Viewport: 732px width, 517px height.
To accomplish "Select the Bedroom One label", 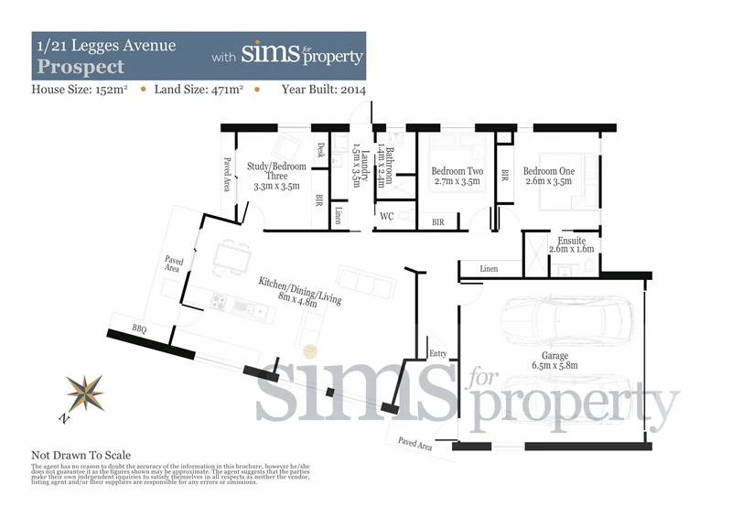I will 549,171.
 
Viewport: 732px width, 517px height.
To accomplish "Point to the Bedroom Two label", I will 456,171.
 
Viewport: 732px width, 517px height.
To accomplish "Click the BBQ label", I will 139,327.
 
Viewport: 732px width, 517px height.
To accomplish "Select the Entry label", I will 438,352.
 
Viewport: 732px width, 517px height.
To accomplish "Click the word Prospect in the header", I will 80,67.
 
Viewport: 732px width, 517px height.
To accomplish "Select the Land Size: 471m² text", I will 199,90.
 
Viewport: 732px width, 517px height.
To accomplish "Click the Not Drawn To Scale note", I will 81,455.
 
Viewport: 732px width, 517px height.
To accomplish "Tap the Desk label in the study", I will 320,151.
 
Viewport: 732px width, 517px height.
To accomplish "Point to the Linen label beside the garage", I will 488,268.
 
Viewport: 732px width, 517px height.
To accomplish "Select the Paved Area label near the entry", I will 414,444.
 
